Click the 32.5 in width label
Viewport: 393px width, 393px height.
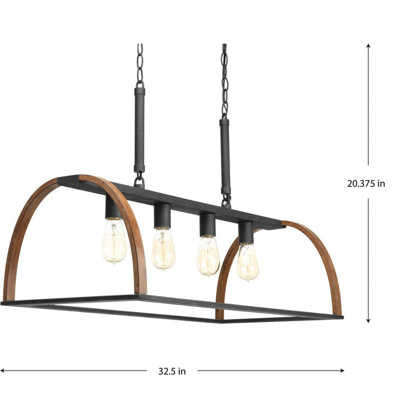(x=172, y=371)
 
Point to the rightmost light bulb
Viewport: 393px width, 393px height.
(x=248, y=261)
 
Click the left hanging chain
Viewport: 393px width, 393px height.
(x=139, y=64)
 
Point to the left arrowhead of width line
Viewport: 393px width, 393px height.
(x=3, y=371)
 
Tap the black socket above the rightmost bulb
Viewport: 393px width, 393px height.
(x=245, y=232)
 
